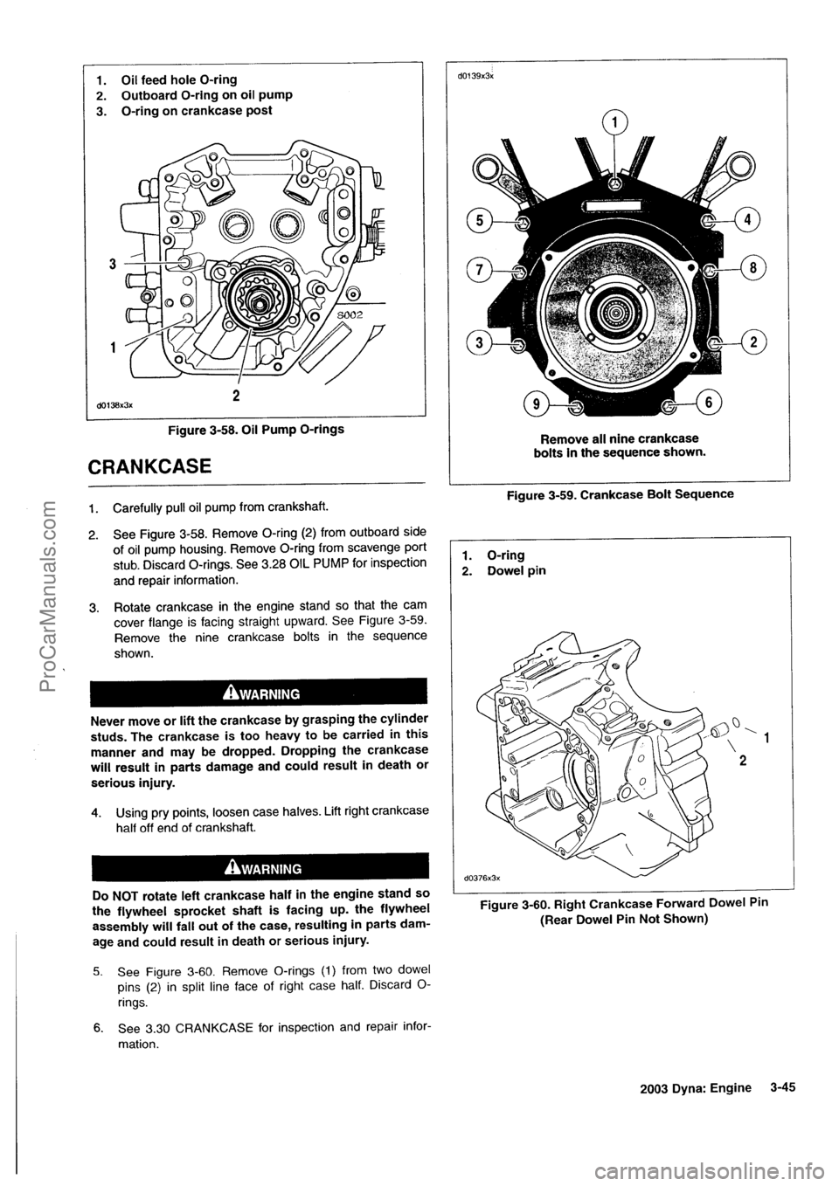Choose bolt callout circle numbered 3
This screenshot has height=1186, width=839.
click(x=480, y=341)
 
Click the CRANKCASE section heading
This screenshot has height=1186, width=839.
click(x=161, y=465)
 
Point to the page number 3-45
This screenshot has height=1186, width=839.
click(x=787, y=1087)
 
